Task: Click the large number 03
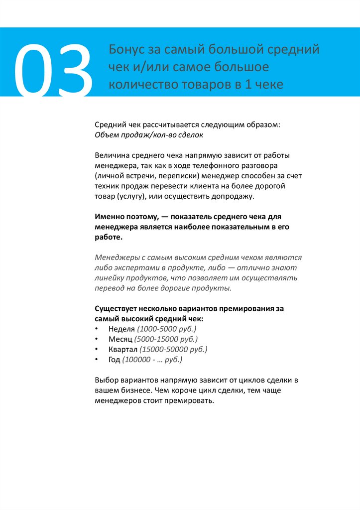tap(52, 70)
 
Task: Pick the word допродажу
tap(233, 196)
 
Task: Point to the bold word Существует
tap(116, 309)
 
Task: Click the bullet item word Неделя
tap(121, 329)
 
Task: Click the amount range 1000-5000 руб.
tap(167, 329)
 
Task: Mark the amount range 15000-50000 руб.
tap(173, 349)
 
